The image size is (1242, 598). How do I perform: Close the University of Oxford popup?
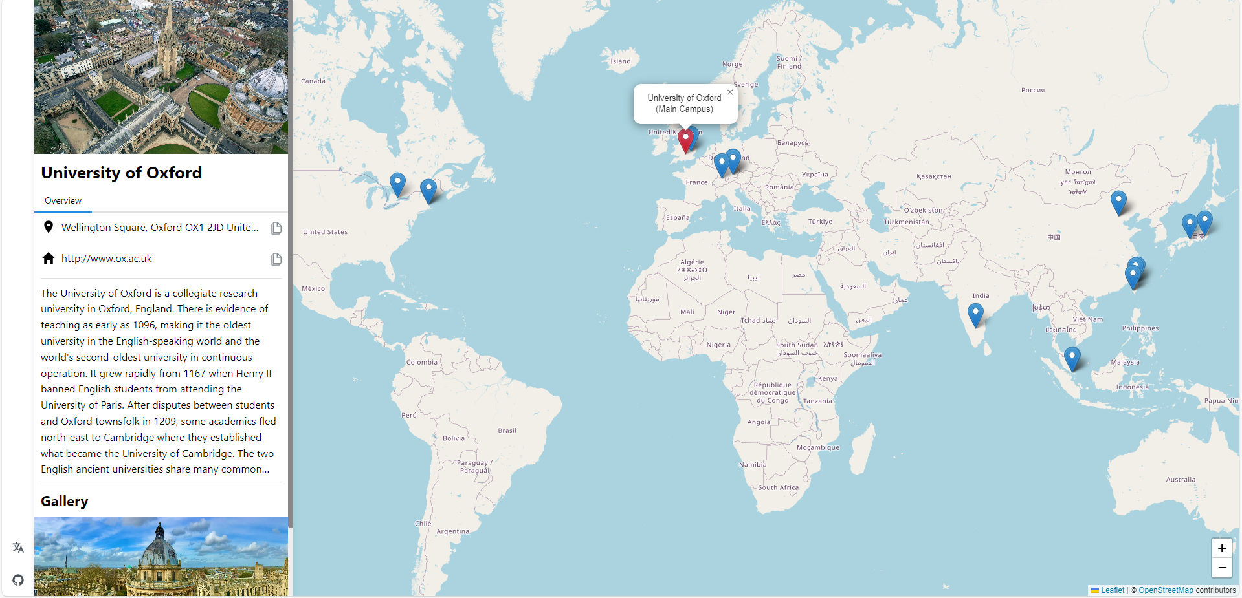pos(730,92)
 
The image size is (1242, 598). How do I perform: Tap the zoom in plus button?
pos(1221,548)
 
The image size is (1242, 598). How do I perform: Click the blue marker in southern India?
pos(975,314)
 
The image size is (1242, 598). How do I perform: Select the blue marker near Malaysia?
pos(1072,358)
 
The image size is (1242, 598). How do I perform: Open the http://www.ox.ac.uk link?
pos(107,259)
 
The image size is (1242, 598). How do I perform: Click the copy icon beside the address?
pos(276,228)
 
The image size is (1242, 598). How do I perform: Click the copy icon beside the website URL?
pos(276,259)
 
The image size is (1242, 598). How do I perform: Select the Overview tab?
pos(63,201)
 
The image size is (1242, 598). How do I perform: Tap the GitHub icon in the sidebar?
pos(18,580)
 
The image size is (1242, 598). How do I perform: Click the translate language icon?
pos(18,548)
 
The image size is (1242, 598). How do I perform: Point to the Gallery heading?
pos(65,502)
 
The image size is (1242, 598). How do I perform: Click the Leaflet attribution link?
pos(1112,590)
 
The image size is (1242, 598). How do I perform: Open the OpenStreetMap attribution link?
pos(1166,590)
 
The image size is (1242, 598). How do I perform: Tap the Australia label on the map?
pos(1181,480)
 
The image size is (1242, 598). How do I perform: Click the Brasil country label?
pos(507,431)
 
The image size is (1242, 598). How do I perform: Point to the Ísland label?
pos(620,61)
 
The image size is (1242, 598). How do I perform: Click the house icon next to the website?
pos(49,259)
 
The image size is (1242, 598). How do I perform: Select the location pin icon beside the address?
pos(49,227)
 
